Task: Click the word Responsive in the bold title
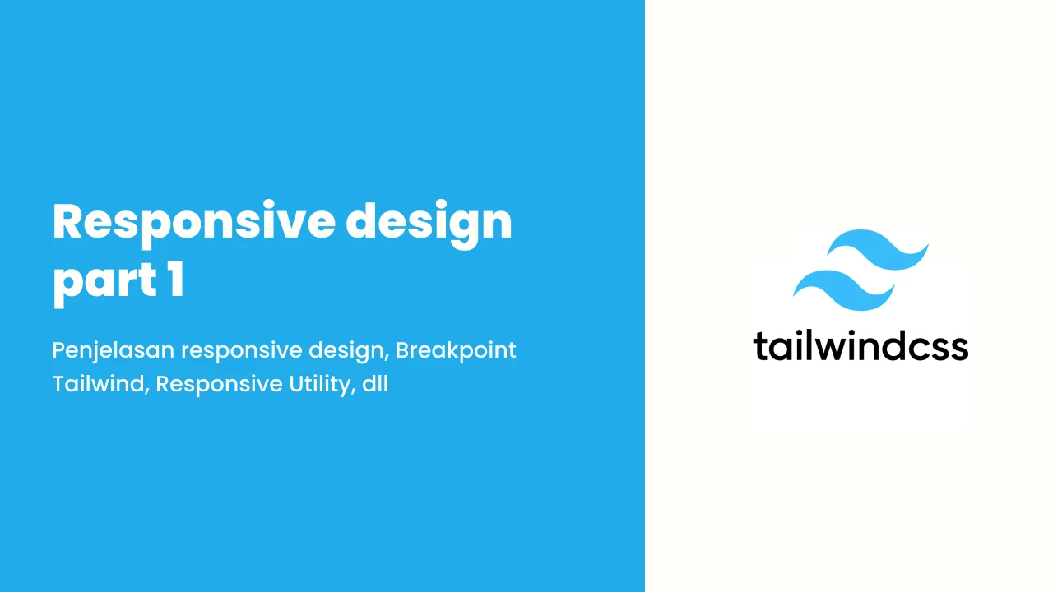click(x=194, y=223)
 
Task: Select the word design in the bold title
click(x=429, y=223)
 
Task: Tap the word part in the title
click(x=104, y=282)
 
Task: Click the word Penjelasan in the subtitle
click(x=114, y=351)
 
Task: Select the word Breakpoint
click(x=456, y=350)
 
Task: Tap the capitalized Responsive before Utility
click(x=219, y=385)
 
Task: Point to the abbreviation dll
click(x=375, y=384)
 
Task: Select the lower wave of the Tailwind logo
click(x=844, y=290)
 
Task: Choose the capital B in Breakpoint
click(x=403, y=350)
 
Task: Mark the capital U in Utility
click(x=297, y=384)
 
